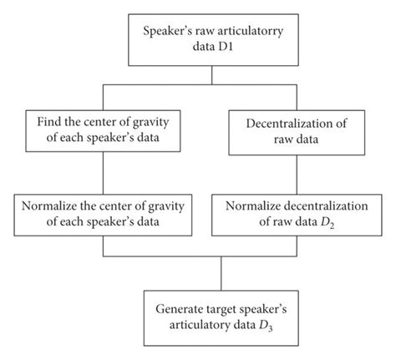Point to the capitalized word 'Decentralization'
[285, 121]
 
